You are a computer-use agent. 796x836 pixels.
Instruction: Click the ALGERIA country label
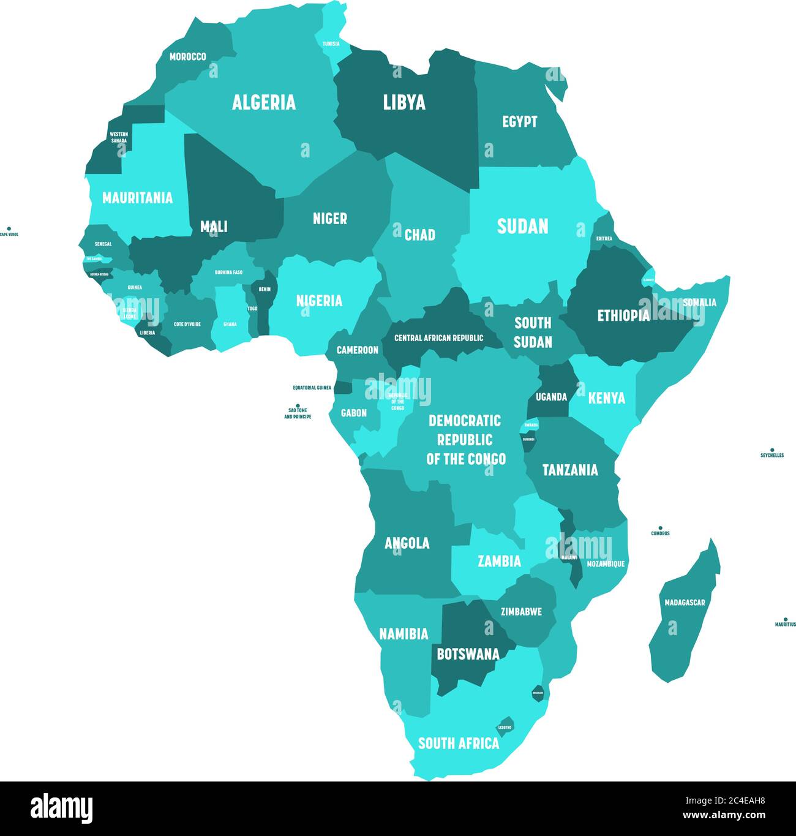[263, 102]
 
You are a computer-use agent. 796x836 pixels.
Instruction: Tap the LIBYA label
[404, 102]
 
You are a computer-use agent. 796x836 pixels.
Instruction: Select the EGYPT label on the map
[519, 122]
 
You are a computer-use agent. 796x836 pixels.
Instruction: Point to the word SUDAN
[522, 227]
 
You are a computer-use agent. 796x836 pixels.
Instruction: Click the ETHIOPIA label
[623, 315]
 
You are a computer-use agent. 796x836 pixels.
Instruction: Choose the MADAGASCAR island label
[685, 603]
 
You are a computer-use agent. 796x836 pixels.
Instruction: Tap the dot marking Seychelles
[772, 450]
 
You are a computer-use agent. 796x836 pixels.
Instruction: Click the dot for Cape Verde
[9, 228]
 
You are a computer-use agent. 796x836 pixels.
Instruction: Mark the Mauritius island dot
[786, 619]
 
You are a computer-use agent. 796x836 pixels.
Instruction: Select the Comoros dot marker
[660, 527]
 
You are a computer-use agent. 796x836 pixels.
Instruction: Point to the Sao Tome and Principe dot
[298, 405]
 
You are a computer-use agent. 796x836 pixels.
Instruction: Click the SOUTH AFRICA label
[458, 744]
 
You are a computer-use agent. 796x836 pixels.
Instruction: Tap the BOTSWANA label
[468, 654]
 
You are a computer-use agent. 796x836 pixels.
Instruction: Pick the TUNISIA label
[331, 44]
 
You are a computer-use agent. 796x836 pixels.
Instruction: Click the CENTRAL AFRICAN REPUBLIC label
[438, 338]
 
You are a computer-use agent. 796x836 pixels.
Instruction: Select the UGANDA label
[551, 397]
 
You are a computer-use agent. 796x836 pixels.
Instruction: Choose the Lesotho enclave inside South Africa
[505, 724]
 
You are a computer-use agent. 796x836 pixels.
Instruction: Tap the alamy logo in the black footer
[61, 808]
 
